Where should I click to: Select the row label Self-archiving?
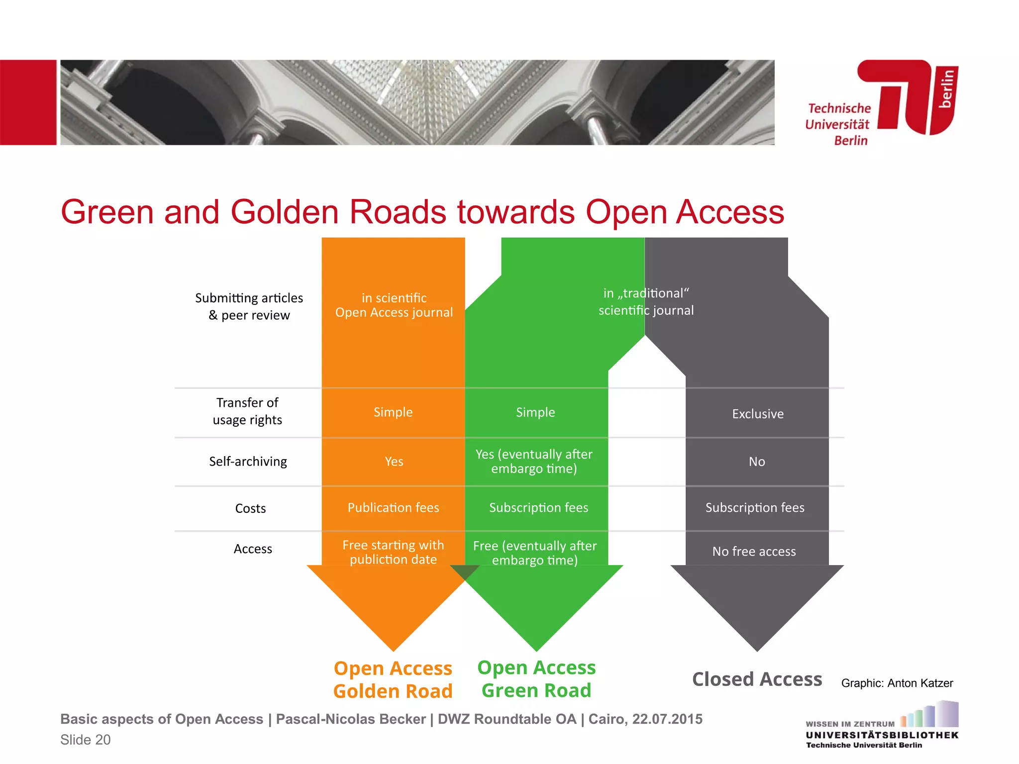tap(248, 462)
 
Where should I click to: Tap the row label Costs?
tap(250, 508)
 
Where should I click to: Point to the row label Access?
tap(253, 549)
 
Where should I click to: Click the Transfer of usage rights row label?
tap(247, 411)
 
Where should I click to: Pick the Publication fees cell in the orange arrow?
tap(393, 508)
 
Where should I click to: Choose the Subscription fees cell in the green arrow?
tap(538, 508)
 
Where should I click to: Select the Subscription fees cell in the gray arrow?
tap(755, 508)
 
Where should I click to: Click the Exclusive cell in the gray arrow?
tap(758, 414)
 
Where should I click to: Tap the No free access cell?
tap(754, 552)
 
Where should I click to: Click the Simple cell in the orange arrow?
tap(393, 412)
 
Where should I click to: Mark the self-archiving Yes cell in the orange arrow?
tap(394, 462)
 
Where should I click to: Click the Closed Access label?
tap(757, 679)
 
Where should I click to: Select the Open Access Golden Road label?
tap(393, 679)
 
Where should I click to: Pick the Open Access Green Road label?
tap(536, 679)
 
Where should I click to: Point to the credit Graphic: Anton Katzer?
tap(897, 683)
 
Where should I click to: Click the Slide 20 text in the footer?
tap(86, 740)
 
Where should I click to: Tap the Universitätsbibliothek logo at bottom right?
tap(882, 726)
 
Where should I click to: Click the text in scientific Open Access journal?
tap(394, 305)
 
